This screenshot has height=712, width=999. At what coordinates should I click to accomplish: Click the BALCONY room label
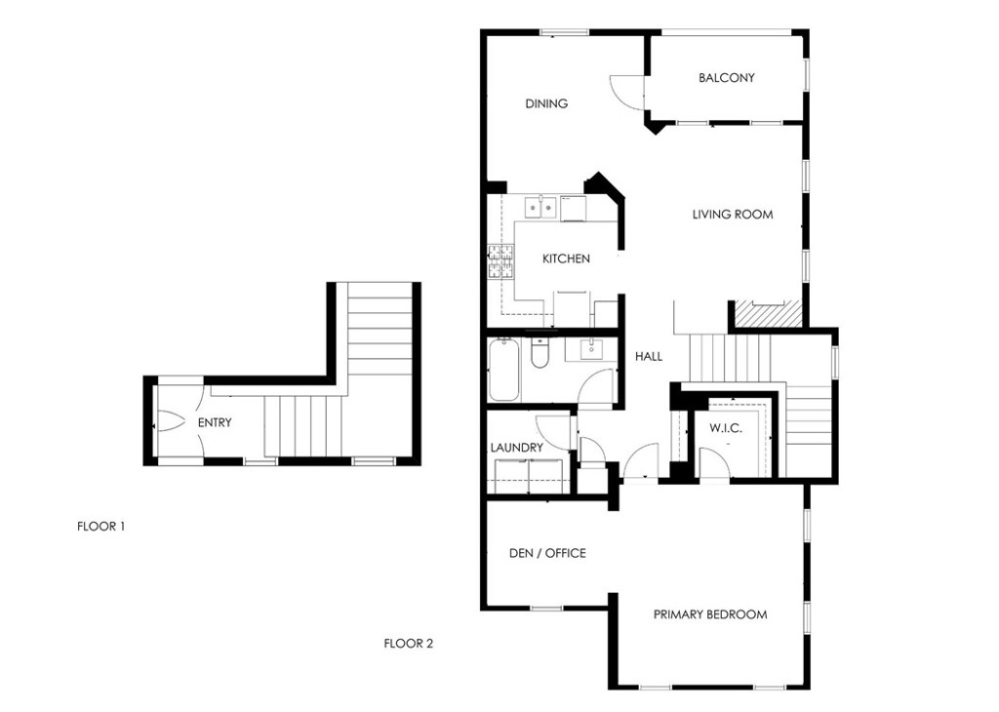pyautogui.click(x=726, y=78)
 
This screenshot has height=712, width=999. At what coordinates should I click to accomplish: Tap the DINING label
pyautogui.click(x=546, y=103)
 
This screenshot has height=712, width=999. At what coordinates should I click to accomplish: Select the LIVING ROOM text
pyautogui.click(x=733, y=215)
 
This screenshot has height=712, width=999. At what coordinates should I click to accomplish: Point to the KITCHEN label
pyautogui.click(x=566, y=258)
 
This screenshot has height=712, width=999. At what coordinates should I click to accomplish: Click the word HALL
pyautogui.click(x=649, y=357)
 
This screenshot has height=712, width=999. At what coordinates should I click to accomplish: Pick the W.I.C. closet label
pyautogui.click(x=726, y=428)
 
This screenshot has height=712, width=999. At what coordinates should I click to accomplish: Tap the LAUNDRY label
pyautogui.click(x=517, y=448)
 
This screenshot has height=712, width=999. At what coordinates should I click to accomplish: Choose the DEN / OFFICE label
pyautogui.click(x=547, y=553)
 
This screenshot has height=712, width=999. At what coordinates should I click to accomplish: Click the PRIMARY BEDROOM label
pyautogui.click(x=710, y=614)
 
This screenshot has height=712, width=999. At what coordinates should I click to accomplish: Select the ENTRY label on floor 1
pyautogui.click(x=215, y=423)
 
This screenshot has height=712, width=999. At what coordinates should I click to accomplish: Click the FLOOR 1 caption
pyautogui.click(x=100, y=527)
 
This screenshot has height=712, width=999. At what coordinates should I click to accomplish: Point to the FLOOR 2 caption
pyautogui.click(x=409, y=644)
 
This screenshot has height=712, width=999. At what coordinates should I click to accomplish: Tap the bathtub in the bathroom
pyautogui.click(x=504, y=370)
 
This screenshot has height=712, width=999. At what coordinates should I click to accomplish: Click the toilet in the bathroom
pyautogui.click(x=539, y=353)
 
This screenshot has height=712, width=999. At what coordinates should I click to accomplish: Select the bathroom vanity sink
pyautogui.click(x=592, y=349)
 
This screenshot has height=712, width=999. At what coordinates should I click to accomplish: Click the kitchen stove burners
pyautogui.click(x=500, y=261)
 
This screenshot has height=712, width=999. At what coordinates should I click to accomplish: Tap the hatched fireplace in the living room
pyautogui.click(x=769, y=313)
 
